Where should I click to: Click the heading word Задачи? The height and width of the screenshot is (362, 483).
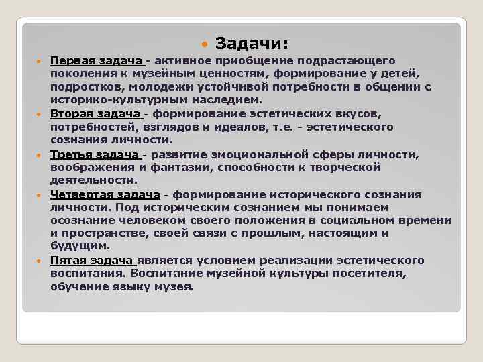pos(252,44)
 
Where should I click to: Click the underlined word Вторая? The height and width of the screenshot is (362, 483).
pos(71,114)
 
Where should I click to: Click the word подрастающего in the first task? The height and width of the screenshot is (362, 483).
pos(356,61)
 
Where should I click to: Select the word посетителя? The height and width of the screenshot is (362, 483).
pos(376,274)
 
